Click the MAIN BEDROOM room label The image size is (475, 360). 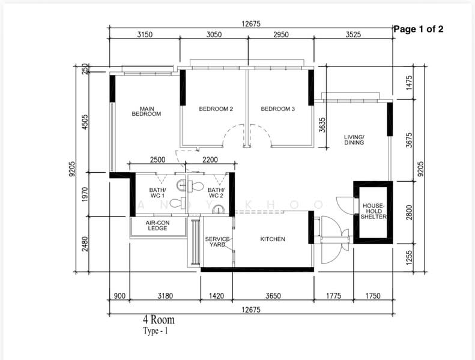tap(147, 112)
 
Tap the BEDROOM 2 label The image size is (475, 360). tap(216, 109)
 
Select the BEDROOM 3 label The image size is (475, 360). tap(278, 109)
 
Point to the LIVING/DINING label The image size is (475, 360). tap(354, 140)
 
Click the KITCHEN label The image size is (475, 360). tap(273, 239)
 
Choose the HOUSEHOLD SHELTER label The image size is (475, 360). tap(374, 211)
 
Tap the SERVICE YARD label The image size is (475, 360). tap(217, 242)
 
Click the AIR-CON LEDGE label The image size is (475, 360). tap(157, 226)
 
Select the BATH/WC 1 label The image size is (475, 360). tap(157, 193)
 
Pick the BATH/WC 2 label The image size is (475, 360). tap(216, 193)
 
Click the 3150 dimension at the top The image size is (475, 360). tap(145, 35)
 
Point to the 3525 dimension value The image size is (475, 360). tap(353, 35)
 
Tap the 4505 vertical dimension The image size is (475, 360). tap(85, 122)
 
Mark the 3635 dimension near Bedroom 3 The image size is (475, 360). tap(322, 125)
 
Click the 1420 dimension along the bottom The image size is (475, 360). tap(216, 296)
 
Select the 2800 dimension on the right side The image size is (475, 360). tap(410, 212)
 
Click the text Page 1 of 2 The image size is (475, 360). tap(419, 29)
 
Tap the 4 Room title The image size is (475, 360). tap(159, 320)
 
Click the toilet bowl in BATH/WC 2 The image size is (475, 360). tap(195, 187)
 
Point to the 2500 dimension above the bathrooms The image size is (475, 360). tap(158, 160)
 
